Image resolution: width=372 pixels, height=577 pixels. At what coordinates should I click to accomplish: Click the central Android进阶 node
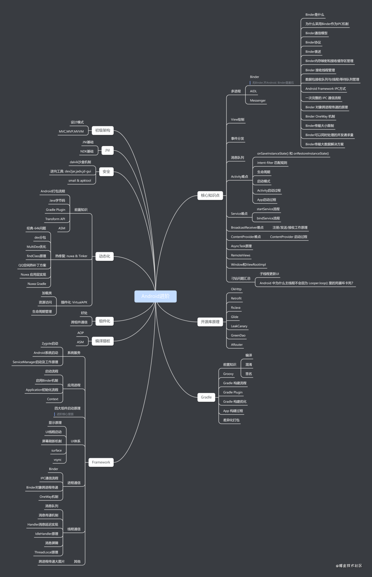pos(155,296)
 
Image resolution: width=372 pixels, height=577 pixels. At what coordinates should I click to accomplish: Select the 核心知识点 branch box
pos(210,195)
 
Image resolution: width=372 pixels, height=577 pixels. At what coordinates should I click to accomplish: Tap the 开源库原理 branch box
pos(210,322)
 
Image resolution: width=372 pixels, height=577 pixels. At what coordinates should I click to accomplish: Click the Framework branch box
pos(101,462)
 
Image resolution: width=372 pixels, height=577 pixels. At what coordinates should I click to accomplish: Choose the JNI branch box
pos(107,150)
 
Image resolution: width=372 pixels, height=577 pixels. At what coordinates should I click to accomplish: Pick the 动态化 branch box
pos(104,256)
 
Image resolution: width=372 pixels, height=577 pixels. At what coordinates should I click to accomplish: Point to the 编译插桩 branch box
pos(103,341)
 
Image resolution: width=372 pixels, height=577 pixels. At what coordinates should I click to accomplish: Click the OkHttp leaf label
pos(236,289)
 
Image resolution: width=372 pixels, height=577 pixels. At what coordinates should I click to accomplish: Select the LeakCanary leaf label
pos(239,326)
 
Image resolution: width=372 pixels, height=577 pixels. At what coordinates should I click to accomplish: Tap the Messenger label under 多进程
pos(258,101)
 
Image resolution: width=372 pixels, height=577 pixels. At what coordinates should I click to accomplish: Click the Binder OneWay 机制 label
pos(320,116)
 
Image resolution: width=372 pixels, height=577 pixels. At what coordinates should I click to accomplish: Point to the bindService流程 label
pos(268,218)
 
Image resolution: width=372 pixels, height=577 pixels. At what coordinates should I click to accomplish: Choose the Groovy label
pos(228,374)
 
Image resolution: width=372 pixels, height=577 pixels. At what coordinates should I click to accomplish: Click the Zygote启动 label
pos(50,343)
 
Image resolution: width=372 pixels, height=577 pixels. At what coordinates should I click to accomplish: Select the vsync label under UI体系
pos(58,460)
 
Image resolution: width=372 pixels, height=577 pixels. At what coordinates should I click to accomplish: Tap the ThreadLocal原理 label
pos(46,552)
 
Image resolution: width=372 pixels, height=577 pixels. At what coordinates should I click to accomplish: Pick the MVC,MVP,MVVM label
pos(71,131)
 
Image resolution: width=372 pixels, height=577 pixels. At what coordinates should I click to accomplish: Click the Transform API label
pos(55,219)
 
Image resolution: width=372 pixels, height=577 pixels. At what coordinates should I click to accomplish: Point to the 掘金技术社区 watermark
pos(349,566)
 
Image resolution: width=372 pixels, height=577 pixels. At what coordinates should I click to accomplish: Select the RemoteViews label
pos(241,255)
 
